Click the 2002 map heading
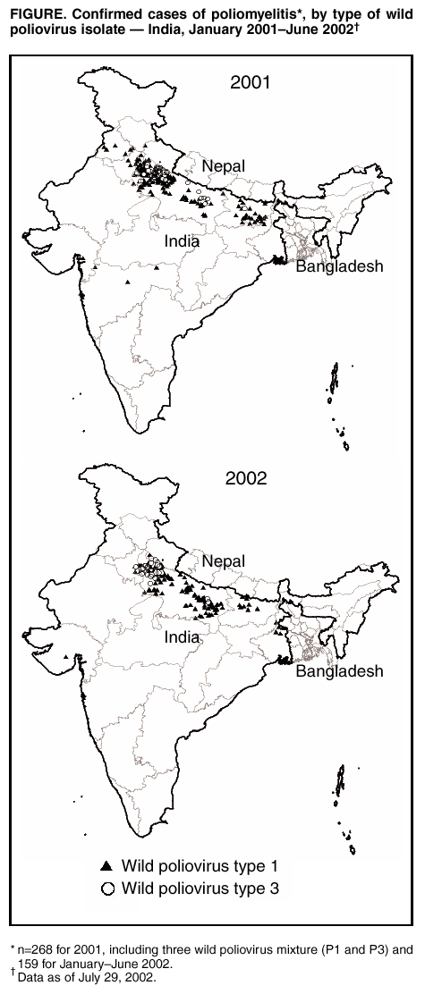pos(246,477)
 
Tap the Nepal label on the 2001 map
pos(223,166)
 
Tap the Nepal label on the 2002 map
pos(223,560)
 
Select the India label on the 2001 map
pos(182,241)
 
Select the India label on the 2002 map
pos(183,638)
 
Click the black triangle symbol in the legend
pos(107,865)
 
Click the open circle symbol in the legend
pos(107,888)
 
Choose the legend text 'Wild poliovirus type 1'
pos(194,865)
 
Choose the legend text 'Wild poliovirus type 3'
pos(194,888)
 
